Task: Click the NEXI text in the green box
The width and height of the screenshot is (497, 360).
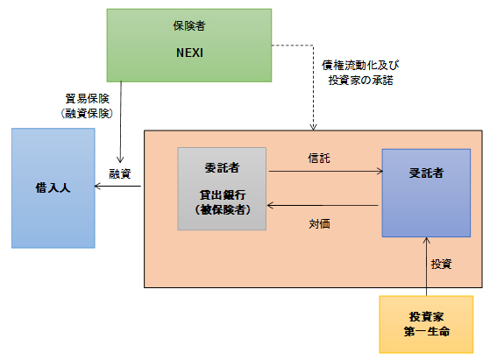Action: [189, 53]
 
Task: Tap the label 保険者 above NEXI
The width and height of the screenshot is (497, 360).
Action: [189, 26]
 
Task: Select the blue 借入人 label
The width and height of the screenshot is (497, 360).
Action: [53, 187]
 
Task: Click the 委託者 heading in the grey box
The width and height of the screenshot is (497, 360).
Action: [222, 167]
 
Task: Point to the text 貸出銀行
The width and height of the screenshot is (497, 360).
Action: [223, 194]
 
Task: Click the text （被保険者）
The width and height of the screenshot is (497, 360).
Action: [223, 209]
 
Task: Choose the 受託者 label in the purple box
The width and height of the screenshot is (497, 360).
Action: [426, 173]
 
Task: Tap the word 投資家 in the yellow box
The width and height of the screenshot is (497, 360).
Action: [426, 316]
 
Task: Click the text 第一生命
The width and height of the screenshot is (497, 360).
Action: [427, 331]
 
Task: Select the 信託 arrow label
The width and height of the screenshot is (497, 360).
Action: [319, 158]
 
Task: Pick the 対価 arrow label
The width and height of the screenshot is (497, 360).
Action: [319, 224]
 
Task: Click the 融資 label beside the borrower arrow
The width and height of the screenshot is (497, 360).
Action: [120, 173]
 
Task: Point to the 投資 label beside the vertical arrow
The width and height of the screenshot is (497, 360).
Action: [441, 264]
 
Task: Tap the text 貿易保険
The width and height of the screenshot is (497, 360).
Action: [87, 98]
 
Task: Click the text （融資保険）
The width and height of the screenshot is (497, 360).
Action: [87, 113]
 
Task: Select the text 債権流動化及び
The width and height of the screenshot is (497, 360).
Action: [360, 65]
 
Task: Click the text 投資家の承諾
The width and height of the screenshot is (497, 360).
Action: [361, 80]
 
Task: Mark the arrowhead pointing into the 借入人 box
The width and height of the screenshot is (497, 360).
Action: [97, 186]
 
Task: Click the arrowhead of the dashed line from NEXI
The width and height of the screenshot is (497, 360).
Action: [313, 127]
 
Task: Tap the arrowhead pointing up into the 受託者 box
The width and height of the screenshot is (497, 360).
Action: [426, 240]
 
